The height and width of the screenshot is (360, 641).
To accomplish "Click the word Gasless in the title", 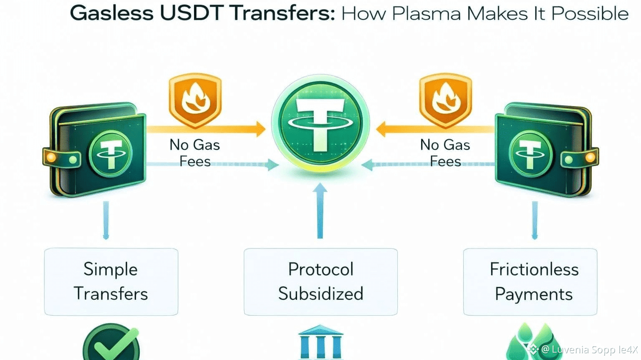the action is coord(111,13).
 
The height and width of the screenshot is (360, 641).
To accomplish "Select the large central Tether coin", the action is coord(320,123).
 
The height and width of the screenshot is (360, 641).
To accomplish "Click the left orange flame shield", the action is coord(195,100).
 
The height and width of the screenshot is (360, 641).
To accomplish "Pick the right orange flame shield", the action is coord(445,100).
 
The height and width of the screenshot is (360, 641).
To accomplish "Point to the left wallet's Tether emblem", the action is coord(110,154).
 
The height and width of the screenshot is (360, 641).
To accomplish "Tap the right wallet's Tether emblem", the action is coord(530,154).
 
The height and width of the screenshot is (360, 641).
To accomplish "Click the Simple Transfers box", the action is coord(111,281).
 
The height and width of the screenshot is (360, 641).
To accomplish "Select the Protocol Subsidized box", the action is coord(320,281).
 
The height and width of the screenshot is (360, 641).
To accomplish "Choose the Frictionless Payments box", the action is coord(530,281).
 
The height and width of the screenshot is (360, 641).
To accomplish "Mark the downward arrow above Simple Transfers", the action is coord(106,220).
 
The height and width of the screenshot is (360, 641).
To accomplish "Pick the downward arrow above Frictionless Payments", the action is coord(535,220).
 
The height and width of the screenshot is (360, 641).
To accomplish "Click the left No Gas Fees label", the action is coord(194,153).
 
